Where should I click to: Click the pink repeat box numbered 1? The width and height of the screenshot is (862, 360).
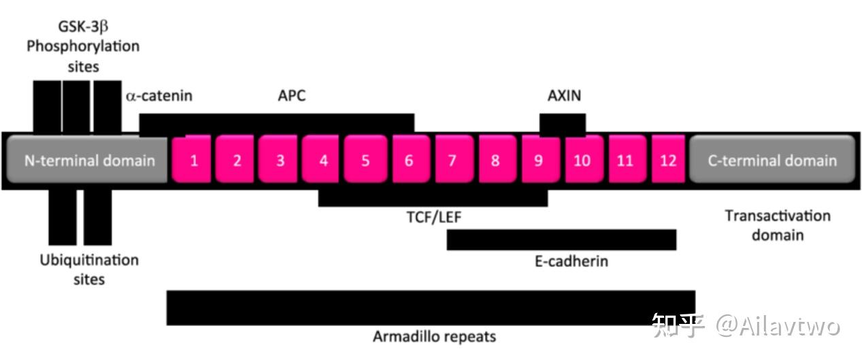click(194, 160)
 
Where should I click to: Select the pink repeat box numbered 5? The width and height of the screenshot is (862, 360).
click(365, 160)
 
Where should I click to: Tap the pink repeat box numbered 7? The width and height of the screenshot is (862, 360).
click(452, 160)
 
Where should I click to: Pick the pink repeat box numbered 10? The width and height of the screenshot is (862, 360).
click(582, 160)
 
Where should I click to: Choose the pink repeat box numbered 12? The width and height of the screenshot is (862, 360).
click(668, 160)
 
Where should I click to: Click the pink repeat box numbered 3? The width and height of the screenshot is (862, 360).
click(280, 160)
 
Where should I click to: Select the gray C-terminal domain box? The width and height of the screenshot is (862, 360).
click(772, 160)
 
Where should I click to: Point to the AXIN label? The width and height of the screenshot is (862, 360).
click(565, 95)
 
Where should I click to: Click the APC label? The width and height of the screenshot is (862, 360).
click(292, 95)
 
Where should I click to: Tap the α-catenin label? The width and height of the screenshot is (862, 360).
click(159, 95)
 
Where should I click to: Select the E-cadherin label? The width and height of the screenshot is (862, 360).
click(571, 261)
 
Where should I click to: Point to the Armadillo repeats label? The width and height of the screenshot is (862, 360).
click(435, 336)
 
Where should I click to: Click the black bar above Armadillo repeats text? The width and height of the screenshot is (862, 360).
click(431, 307)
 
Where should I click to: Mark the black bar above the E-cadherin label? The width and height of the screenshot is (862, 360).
click(561, 240)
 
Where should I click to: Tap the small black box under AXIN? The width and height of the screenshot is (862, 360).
click(563, 124)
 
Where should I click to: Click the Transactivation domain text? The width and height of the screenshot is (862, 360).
click(778, 225)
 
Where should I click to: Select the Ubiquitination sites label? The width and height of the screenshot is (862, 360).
click(88, 269)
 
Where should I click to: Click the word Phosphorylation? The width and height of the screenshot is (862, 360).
click(83, 47)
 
